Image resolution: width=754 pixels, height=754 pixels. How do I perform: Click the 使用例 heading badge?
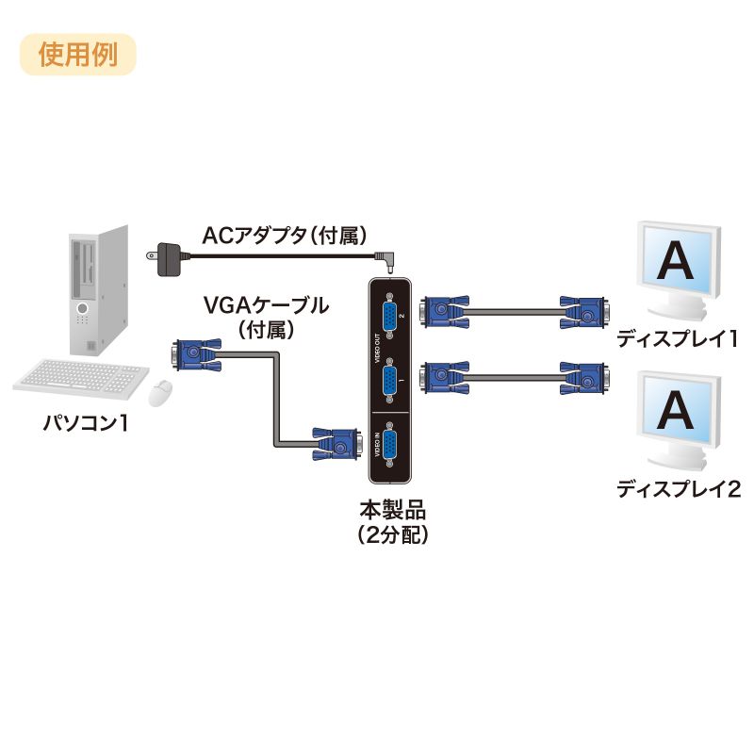[78, 55]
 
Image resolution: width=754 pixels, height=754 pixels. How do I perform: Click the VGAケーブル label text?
[267, 305]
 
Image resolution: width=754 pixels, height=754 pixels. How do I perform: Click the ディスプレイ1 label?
[678, 339]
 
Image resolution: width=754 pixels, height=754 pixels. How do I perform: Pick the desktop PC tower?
[96, 287]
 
